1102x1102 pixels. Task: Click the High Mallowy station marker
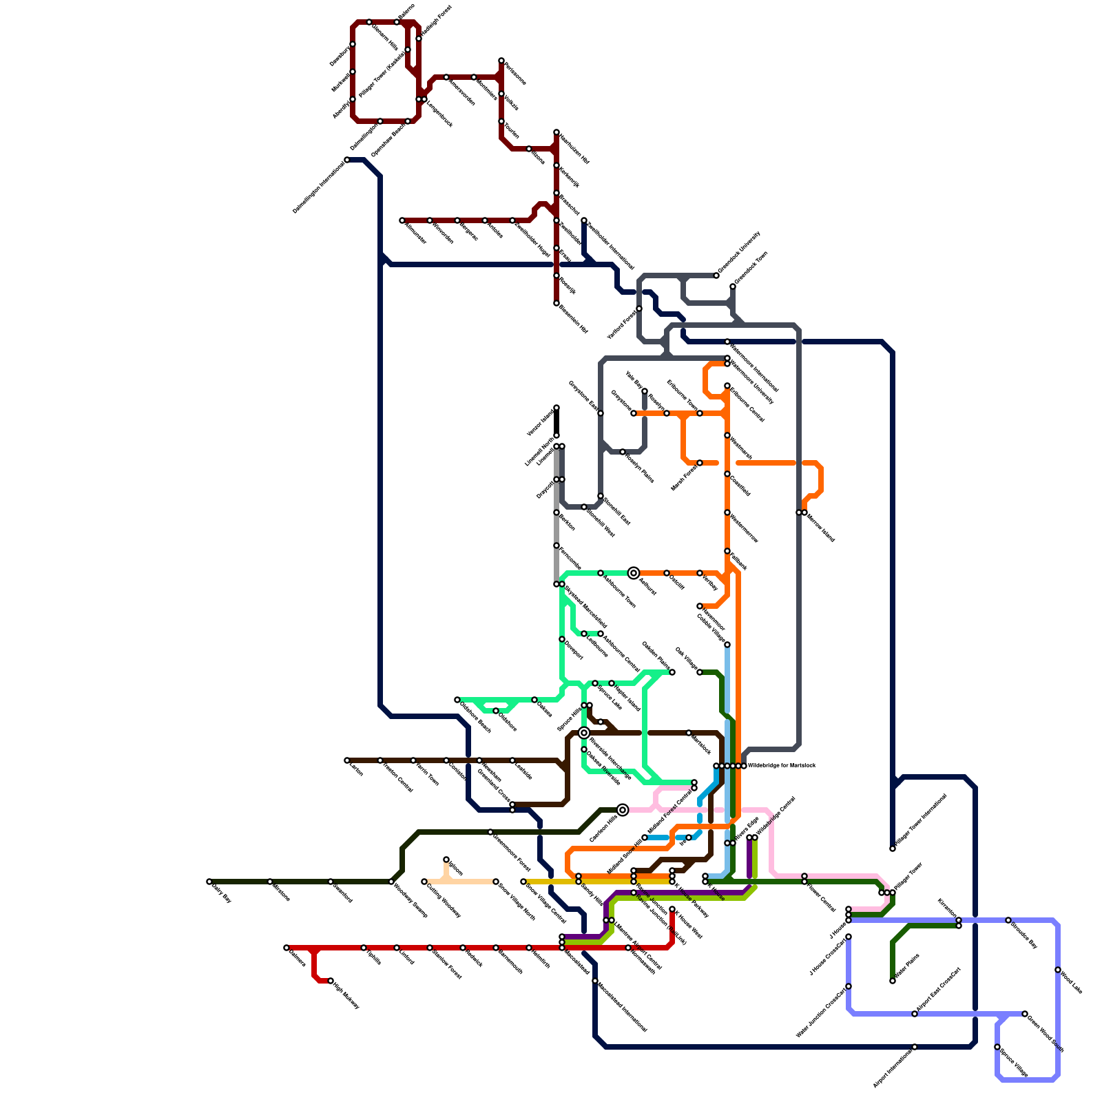pyautogui.click(x=331, y=981)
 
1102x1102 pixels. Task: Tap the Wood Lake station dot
pyautogui.click(x=1058, y=970)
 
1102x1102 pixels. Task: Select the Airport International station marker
pyautogui.click(x=915, y=1047)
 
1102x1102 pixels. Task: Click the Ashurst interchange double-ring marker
pyautogui.click(x=634, y=573)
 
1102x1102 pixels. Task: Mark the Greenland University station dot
pyautogui.click(x=716, y=275)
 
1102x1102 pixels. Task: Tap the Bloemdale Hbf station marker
pyautogui.click(x=557, y=303)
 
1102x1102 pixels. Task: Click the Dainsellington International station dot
pyautogui.click(x=347, y=160)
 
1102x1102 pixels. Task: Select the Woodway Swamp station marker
pyautogui.click(x=391, y=882)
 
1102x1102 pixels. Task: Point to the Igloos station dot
pyautogui.click(x=446, y=860)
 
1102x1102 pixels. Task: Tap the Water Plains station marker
pyautogui.click(x=893, y=981)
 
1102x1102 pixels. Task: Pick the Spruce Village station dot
pyautogui.click(x=997, y=1047)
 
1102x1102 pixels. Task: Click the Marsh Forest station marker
pyautogui.click(x=700, y=463)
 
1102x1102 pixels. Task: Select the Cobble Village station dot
pyautogui.click(x=727, y=645)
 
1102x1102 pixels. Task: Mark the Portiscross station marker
pyautogui.click(x=557, y=545)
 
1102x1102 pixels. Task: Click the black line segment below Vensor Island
pyautogui.click(x=557, y=422)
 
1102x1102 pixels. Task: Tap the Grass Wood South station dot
pyautogui.click(x=1025, y=1014)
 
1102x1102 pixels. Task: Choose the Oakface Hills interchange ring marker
pyautogui.click(x=623, y=810)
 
